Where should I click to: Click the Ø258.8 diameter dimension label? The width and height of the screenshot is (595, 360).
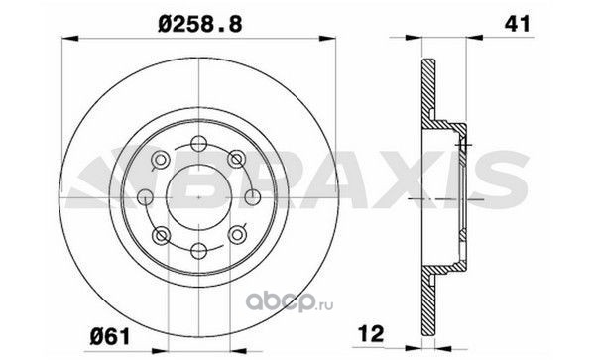(x=199, y=25)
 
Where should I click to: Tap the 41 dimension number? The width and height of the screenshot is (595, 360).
(x=517, y=24)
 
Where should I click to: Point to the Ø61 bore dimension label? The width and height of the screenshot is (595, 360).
(x=110, y=337)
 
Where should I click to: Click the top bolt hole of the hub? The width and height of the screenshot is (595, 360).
(x=199, y=144)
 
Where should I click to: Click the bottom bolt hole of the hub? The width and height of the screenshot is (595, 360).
(x=199, y=251)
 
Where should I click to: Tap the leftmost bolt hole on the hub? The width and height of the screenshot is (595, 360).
(x=145, y=197)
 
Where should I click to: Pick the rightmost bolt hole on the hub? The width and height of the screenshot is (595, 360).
(x=253, y=197)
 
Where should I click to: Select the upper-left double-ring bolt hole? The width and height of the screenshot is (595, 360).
(x=161, y=160)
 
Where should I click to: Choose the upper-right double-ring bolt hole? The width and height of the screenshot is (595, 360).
(x=237, y=160)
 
